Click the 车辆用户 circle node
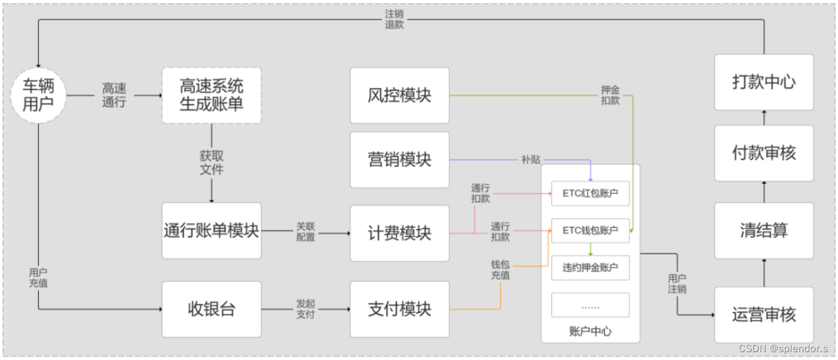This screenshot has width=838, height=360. click(38, 96)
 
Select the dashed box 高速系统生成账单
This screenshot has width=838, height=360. click(211, 95)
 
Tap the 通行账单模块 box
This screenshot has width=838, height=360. click(211, 231)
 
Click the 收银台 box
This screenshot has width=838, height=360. click(211, 309)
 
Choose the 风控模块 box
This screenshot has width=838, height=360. click(400, 95)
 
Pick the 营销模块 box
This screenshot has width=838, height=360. click(400, 159)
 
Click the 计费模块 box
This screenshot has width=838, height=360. click(400, 233)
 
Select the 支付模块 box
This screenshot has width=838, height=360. click(400, 309)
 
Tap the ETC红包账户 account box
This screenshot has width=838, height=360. click(590, 194)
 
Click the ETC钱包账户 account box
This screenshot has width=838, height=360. click(590, 231)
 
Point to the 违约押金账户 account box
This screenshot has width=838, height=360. click(590, 268)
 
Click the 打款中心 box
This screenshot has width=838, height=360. click(764, 83)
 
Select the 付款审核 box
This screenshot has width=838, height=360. click(764, 153)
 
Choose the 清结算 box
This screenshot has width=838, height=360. click(764, 231)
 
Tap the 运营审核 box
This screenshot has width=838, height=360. click(764, 314)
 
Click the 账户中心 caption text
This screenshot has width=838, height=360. click(590, 331)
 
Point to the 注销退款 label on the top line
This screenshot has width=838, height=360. click(394, 19)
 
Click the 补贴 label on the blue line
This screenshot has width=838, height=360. click(530, 160)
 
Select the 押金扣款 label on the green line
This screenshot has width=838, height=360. click(610, 95)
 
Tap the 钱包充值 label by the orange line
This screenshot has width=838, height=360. click(500, 270)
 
